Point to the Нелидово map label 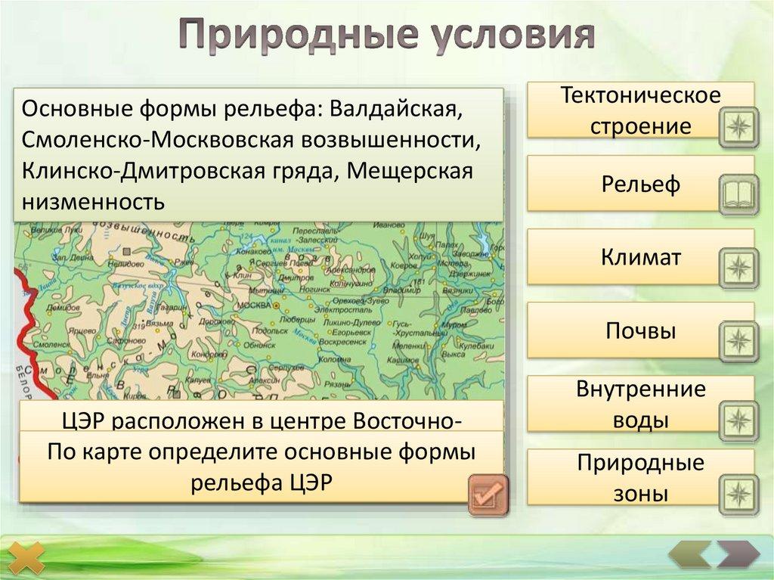[125, 264]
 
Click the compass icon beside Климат [737, 267]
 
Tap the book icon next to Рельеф [737, 194]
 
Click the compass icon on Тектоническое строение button [737, 126]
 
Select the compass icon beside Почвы [737, 340]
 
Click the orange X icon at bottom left [31, 557]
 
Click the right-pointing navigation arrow [736, 555]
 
